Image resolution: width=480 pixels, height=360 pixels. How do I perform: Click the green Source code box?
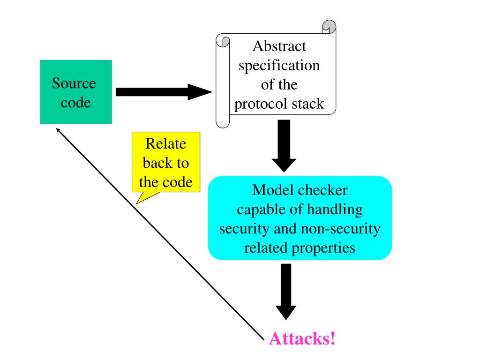click(x=76, y=92)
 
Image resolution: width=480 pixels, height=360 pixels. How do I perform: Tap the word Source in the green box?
click(x=74, y=83)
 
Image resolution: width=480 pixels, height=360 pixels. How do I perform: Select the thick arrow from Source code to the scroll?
click(x=164, y=92)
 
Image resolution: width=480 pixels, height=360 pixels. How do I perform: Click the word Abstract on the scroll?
click(x=279, y=46)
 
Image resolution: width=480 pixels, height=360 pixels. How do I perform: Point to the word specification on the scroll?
click(x=279, y=66)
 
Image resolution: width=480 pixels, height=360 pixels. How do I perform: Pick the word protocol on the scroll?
click(x=261, y=104)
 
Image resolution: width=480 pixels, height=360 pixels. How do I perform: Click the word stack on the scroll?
click(x=307, y=104)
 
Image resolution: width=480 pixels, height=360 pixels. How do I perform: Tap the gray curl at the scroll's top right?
click(x=330, y=27)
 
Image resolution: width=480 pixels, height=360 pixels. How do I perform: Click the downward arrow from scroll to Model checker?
click(x=284, y=146)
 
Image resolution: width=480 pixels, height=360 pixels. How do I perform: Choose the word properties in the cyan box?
click(x=323, y=248)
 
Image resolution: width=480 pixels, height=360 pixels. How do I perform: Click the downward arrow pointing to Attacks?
click(x=286, y=292)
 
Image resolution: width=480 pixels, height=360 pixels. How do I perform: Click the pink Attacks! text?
click(x=302, y=338)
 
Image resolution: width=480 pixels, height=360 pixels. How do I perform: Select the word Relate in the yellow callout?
click(x=165, y=143)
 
